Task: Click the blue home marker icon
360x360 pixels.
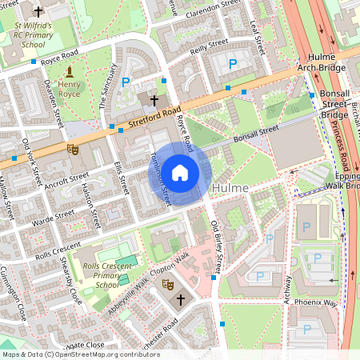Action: [180, 173]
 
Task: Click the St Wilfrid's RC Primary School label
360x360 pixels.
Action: [34, 34]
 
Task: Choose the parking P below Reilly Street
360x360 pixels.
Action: [234, 63]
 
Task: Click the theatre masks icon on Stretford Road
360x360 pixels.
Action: [73, 148]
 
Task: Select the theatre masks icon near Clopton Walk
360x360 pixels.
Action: [168, 283]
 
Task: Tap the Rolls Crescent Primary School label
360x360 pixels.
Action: [106, 275]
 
